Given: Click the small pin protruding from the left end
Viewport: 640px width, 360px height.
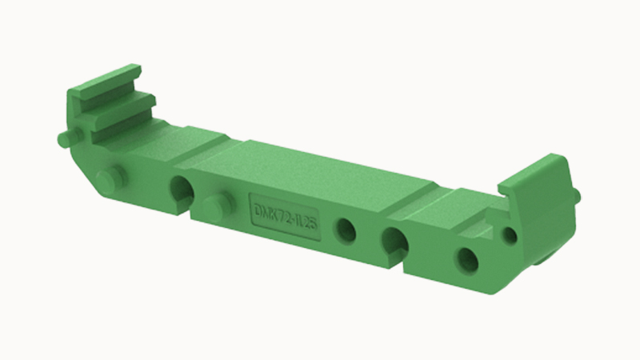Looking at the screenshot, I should (63, 139).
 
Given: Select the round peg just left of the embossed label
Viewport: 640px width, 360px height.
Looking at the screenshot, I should (214, 207).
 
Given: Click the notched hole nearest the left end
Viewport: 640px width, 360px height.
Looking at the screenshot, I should (180, 190).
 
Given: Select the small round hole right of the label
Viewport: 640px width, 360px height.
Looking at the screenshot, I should (346, 230).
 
